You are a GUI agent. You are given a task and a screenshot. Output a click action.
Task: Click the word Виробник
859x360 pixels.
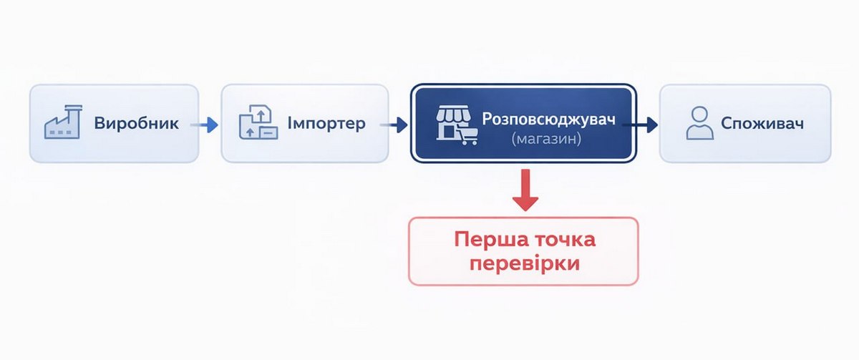click(136, 123)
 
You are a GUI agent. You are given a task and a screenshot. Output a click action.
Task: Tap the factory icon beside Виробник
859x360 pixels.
click(63, 122)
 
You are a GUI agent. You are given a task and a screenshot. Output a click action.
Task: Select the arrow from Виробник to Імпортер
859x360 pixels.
click(205, 125)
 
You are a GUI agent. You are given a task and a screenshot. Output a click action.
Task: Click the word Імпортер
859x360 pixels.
click(326, 124)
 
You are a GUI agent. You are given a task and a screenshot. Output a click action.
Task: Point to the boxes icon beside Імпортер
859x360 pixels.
click(258, 122)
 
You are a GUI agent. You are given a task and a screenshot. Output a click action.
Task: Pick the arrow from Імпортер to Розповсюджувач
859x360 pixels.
click(394, 125)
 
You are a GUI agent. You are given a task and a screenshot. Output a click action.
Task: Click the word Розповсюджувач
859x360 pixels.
click(548, 120)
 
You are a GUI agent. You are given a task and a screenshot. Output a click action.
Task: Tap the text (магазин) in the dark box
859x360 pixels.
click(546, 139)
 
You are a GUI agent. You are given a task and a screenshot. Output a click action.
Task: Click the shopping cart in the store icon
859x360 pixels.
click(469, 136)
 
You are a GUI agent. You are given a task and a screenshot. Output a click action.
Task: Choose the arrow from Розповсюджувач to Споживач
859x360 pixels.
click(640, 125)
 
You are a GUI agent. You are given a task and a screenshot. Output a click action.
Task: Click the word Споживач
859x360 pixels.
click(762, 123)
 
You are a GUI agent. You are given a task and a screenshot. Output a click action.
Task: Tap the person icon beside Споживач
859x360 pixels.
click(700, 123)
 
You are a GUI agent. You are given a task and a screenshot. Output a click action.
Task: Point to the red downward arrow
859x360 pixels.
click(525, 190)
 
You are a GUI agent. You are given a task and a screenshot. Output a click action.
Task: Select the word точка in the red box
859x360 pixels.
click(565, 240)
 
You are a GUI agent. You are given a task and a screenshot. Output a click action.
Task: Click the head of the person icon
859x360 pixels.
click(700, 114)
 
